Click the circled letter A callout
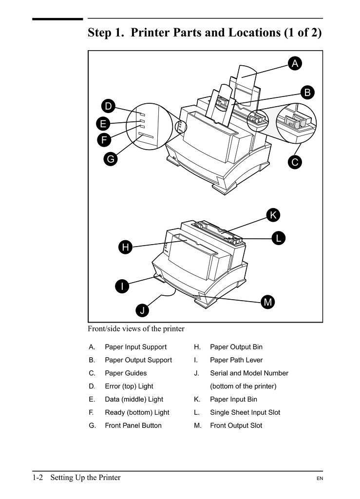coord(295,63)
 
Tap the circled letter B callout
coord(307,92)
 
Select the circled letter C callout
coord(295,162)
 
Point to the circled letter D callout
coord(108,106)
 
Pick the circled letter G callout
coord(111,159)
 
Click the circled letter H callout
coord(126,248)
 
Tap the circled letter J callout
coord(142,310)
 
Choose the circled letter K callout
coord(273,215)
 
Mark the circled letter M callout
coord(267,302)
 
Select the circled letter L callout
coord(278,238)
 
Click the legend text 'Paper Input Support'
coord(135,347)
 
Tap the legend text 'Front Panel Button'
coord(133,425)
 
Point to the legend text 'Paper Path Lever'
coord(236,360)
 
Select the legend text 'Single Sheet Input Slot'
coord(245,412)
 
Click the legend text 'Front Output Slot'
coord(236,425)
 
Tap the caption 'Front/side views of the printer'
coord(136,329)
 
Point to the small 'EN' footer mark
coord(320,479)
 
